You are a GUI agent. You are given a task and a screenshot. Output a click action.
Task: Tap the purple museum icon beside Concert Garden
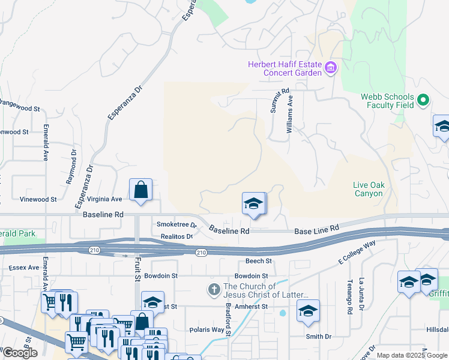pyautogui.click(x=330, y=68)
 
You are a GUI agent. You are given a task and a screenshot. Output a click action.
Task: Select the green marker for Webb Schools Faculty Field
pyautogui.click(x=424, y=100)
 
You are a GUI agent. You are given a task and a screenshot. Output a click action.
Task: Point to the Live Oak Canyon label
pyautogui.click(x=368, y=189)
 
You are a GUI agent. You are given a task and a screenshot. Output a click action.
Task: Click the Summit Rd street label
pyautogui.click(x=280, y=103)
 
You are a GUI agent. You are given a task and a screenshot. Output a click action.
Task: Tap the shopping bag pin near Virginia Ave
pyautogui.click(x=140, y=191)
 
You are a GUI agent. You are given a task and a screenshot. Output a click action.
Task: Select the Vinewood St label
pyautogui.click(x=38, y=199)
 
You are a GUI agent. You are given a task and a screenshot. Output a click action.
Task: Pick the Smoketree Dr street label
pyautogui.click(x=176, y=225)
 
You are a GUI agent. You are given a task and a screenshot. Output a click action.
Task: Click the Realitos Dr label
pyautogui.click(x=176, y=237)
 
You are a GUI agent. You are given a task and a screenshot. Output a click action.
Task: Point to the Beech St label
pyautogui.click(x=259, y=262)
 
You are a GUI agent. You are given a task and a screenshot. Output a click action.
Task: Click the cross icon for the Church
pyautogui.click(x=214, y=290)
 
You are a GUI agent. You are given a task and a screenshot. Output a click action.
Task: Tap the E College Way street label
pyautogui.click(x=357, y=250)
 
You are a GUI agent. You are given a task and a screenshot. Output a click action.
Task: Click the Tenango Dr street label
pyautogui.click(x=349, y=297)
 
